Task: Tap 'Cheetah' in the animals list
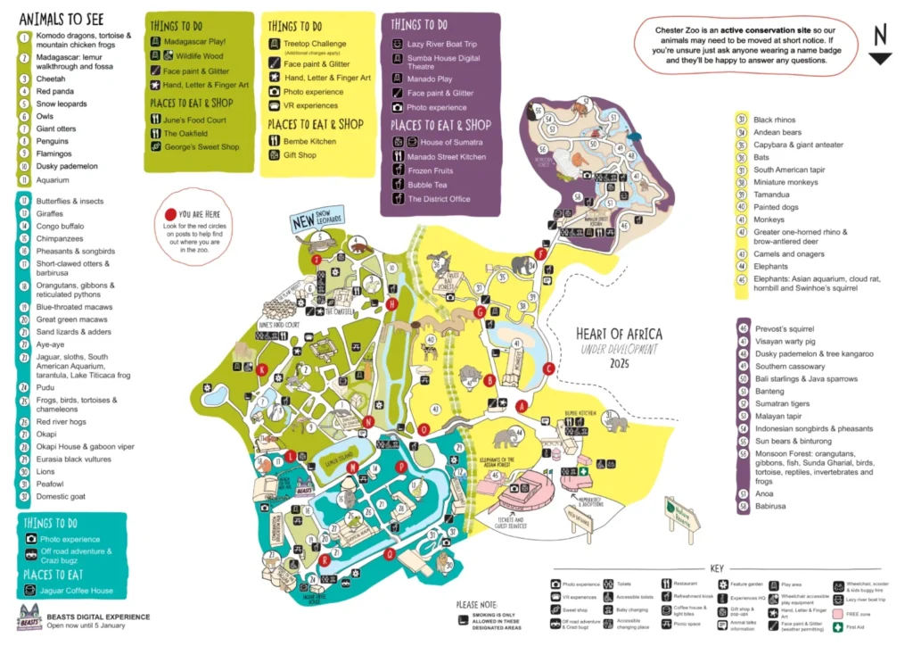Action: click(51, 79)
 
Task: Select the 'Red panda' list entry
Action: click(54, 91)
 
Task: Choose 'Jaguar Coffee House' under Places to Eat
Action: click(76, 591)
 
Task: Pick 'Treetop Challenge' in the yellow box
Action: click(315, 44)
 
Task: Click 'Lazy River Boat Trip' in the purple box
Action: click(442, 43)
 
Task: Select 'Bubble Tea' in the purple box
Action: click(427, 185)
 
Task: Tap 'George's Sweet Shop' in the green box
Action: click(202, 147)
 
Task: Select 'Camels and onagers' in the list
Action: click(789, 253)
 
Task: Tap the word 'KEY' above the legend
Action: click(717, 567)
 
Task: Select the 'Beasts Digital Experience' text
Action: click(98, 617)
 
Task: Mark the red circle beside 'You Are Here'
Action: click(170, 214)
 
